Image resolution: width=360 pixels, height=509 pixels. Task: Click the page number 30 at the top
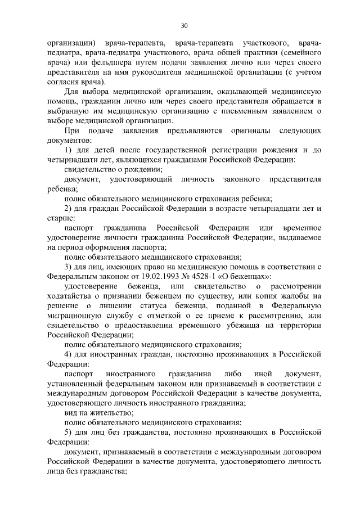click(184, 25)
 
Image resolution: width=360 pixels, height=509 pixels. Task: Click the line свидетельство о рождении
click(114, 169)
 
